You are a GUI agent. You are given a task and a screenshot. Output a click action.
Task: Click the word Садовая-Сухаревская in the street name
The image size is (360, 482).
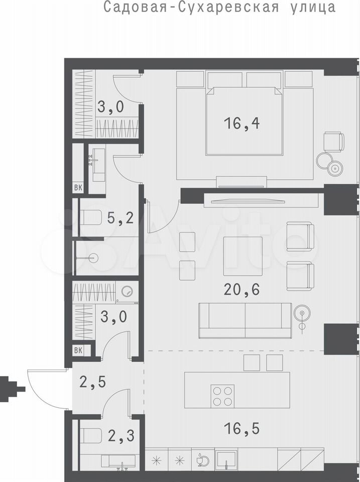191,7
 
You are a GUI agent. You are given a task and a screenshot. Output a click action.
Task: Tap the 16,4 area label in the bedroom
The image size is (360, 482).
242,124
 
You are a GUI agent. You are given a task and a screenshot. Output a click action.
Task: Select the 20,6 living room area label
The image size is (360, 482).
242,289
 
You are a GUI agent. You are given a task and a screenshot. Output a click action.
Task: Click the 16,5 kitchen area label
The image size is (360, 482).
242,428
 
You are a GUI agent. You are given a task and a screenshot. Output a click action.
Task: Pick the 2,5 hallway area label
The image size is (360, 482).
92,382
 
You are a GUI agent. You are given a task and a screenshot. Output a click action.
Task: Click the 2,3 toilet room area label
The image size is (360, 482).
121,436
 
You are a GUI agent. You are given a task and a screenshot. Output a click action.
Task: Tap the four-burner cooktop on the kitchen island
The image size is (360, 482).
222,396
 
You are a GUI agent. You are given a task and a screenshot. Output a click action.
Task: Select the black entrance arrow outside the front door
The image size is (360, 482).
12,389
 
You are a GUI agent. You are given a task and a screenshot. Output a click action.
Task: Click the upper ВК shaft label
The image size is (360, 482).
78,188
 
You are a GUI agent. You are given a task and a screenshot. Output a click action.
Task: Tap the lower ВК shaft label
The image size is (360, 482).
78,350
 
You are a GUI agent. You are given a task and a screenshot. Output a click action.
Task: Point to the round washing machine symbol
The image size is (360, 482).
127,291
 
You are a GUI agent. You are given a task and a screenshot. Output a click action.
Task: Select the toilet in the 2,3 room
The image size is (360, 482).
90,436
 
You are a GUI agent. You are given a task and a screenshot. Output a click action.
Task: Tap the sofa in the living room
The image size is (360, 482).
245,320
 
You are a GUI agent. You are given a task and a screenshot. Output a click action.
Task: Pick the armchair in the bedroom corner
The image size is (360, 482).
334,142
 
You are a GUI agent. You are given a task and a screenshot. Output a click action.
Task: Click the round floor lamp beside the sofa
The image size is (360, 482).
303,313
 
